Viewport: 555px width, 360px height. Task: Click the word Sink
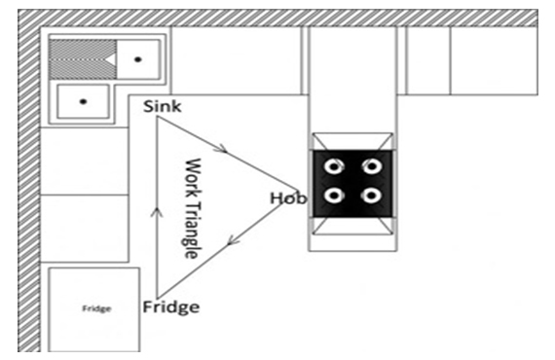pos(162,106)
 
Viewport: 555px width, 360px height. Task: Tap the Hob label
pos(288,198)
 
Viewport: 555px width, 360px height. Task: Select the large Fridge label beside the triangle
pos(171,306)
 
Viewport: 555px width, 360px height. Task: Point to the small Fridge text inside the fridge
pos(96,308)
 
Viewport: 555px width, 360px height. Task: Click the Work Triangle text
pos(193,208)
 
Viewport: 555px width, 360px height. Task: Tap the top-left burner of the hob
pos(333,166)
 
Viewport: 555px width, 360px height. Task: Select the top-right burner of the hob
pos(372,166)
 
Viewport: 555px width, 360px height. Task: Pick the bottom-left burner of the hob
pos(333,195)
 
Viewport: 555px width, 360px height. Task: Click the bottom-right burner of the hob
pos(372,195)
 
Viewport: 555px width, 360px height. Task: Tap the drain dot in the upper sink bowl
pos(138,59)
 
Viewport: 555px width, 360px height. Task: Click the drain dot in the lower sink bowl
pos(83,101)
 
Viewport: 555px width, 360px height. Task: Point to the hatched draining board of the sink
pos(83,59)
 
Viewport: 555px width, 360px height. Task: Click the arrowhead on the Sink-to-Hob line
pos(223,149)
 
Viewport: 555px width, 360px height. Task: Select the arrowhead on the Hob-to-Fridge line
pos(234,240)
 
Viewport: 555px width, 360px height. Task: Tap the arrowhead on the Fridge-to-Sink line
pos(157,212)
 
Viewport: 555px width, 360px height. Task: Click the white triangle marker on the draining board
pos(111,59)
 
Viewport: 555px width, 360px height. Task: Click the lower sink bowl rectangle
pos(83,101)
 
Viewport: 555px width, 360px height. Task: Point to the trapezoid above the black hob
pos(352,141)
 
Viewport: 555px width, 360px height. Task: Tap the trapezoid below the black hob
pos(352,226)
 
